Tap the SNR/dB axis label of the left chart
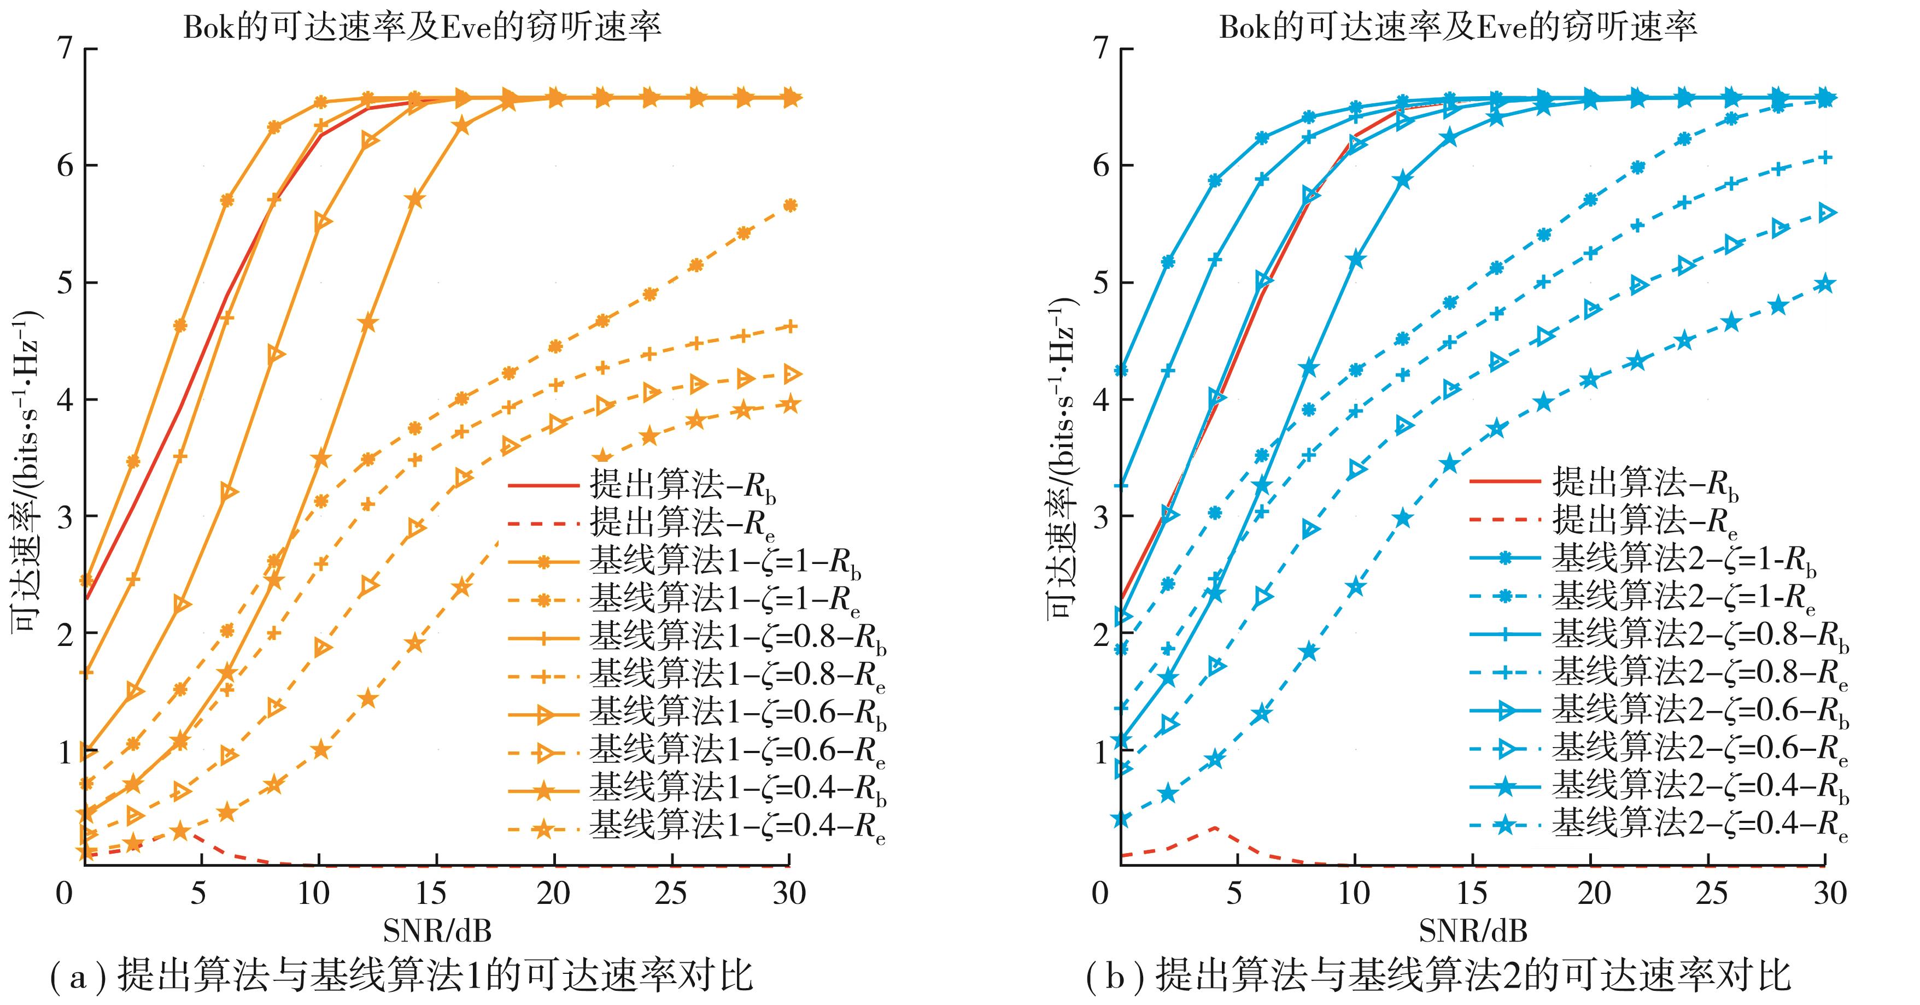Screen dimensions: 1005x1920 point(437,931)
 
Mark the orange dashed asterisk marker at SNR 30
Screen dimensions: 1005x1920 point(790,205)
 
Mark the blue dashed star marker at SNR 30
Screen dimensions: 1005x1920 point(1824,284)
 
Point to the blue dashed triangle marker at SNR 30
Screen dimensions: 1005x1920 point(1825,213)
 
